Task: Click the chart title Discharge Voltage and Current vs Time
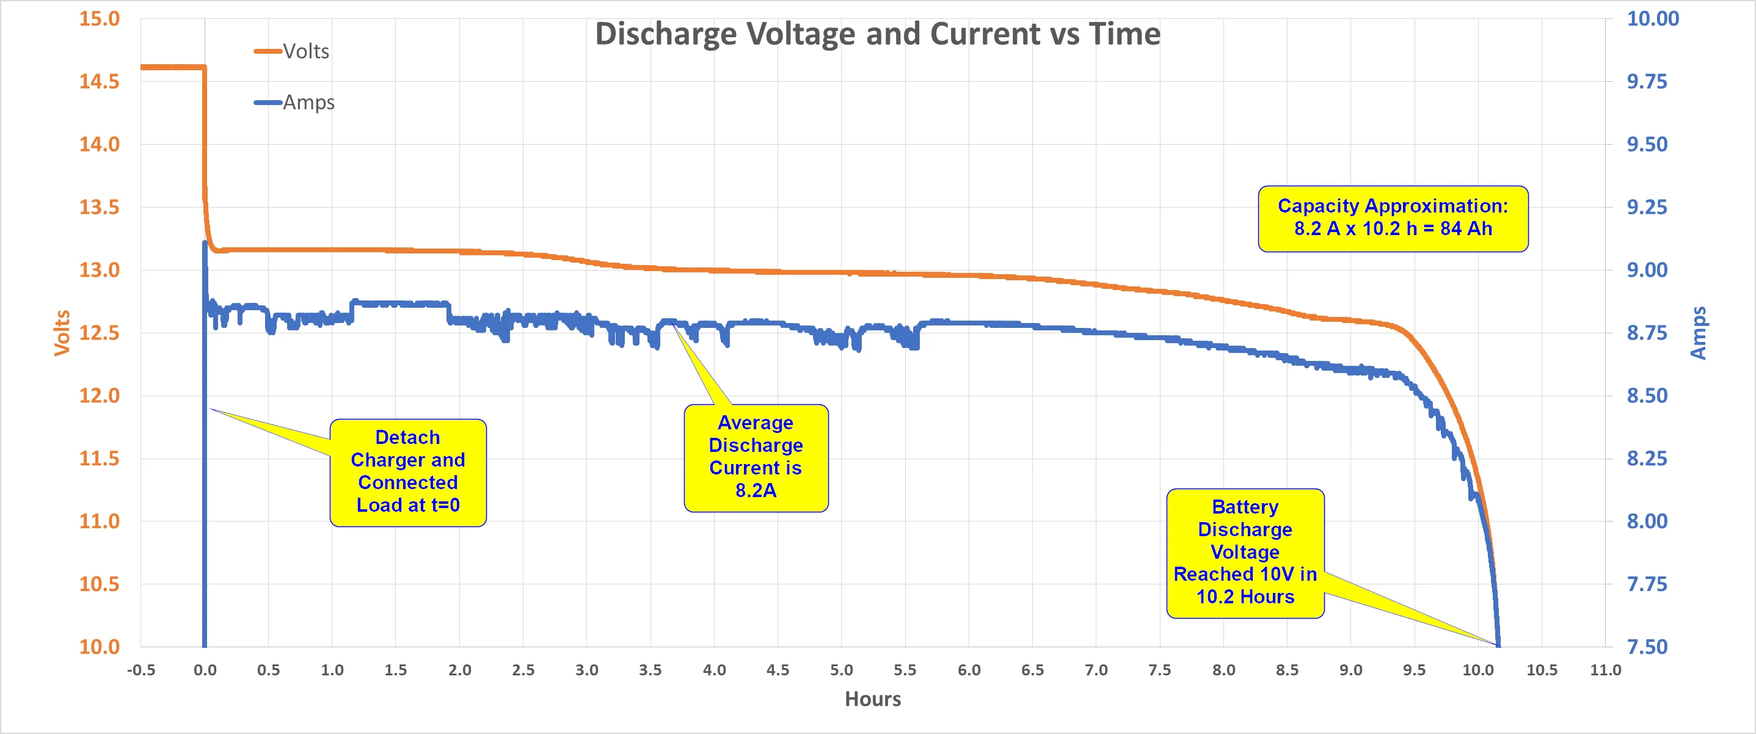coord(877,34)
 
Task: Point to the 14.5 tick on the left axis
coord(100,82)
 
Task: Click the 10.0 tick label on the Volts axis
coord(100,647)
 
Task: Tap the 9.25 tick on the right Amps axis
coord(1647,207)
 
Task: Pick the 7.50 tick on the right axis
coord(1647,647)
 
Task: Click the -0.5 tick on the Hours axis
coord(141,670)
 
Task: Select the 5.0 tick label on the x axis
coord(841,670)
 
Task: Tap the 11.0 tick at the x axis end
coord(1605,670)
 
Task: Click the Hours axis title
coord(873,699)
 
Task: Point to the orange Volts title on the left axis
coord(62,333)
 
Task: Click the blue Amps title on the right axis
coord(1698,333)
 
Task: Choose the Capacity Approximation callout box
coord(1393,218)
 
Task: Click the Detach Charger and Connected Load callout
coord(407,471)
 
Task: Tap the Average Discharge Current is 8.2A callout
coord(756,457)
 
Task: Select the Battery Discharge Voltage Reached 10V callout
coord(1245,553)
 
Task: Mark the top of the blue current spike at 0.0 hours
coord(205,242)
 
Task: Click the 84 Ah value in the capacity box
coord(1466,229)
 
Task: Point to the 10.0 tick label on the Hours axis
coord(1478,670)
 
